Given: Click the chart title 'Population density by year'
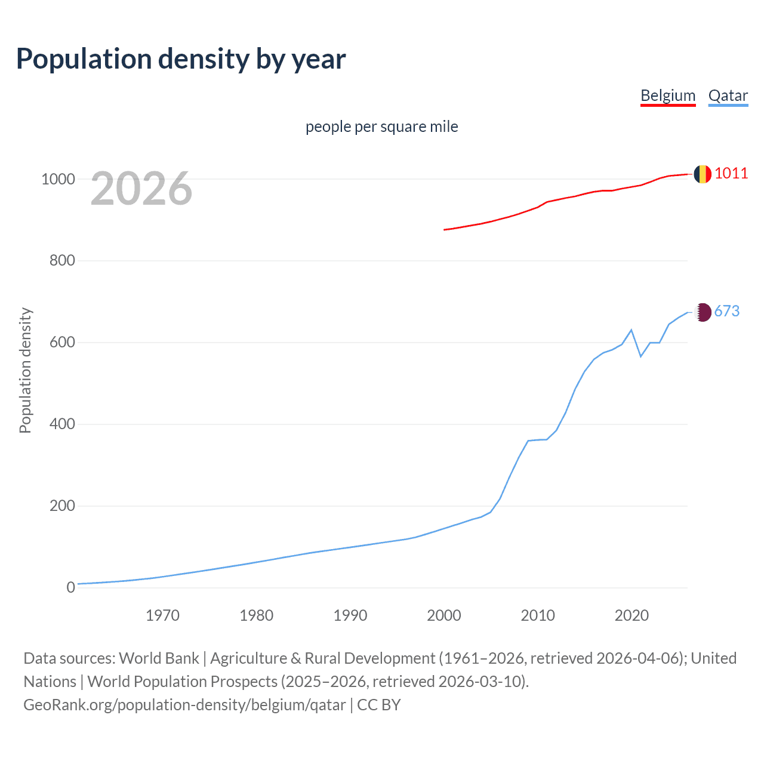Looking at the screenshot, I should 181,59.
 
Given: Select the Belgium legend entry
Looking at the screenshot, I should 668,95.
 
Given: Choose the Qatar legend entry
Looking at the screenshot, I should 728,95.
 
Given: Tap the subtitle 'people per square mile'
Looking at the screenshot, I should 381,127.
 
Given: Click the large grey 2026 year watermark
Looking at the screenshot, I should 141,189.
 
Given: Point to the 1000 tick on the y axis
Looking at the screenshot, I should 58,179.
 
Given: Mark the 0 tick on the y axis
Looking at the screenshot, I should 71,587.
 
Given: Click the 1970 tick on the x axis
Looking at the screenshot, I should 162,615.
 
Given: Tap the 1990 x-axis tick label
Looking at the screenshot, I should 350,615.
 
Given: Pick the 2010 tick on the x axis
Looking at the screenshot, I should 538,615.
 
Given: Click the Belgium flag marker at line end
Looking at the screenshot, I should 703,174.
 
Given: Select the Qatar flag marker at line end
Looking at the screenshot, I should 703,312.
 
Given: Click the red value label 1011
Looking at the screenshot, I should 731,174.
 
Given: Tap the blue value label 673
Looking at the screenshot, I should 726,312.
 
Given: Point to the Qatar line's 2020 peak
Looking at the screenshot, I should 631,329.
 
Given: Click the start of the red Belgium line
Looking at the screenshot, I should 444,230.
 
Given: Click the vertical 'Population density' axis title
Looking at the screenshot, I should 25,370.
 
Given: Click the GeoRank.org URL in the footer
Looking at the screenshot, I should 184,705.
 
